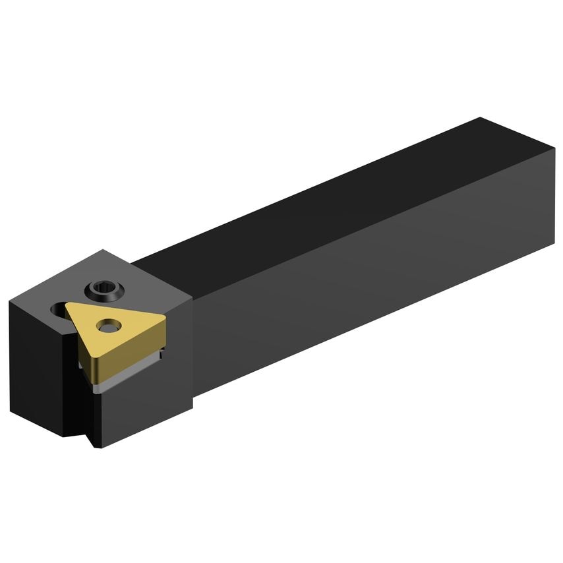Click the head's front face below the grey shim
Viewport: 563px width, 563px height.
tap(145, 409)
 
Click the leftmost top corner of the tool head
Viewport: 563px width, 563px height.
tap(10, 301)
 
